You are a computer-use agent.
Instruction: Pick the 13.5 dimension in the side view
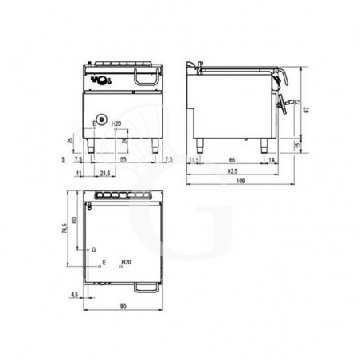click(x=193, y=160)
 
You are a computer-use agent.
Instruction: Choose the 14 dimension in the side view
click(x=272, y=160)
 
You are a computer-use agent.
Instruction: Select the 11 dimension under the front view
click(x=78, y=172)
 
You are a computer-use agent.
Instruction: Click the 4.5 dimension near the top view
click(x=73, y=295)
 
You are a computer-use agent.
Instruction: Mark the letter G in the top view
click(x=93, y=249)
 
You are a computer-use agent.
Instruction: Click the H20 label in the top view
click(x=125, y=261)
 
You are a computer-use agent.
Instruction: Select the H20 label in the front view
click(x=117, y=123)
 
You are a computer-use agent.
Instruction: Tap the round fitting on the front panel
click(x=101, y=121)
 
